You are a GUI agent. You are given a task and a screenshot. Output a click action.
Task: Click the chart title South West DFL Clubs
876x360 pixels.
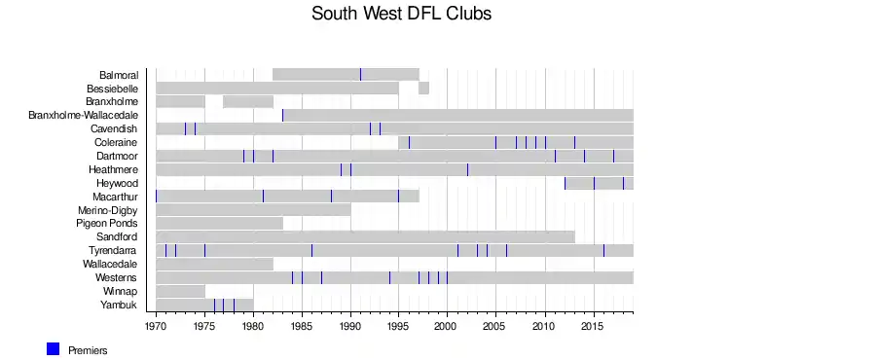[x=401, y=14]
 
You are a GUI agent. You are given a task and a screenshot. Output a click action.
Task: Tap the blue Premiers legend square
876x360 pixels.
[x=54, y=349]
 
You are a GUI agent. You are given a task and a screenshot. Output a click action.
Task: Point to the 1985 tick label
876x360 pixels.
[x=303, y=325]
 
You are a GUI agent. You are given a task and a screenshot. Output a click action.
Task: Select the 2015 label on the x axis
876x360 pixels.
[x=594, y=325]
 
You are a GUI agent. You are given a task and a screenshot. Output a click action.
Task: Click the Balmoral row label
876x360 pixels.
[x=119, y=75]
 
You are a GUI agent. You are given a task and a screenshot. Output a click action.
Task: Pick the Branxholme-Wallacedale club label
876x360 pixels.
[x=84, y=116]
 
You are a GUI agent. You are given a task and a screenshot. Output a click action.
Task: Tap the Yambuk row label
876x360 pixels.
[x=119, y=305]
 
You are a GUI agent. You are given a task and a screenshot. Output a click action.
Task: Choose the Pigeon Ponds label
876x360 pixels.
[x=107, y=223]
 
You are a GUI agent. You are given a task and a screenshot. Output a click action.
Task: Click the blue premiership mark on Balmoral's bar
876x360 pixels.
[x=360, y=74]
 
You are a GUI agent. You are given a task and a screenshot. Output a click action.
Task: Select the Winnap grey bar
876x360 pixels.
[x=180, y=291]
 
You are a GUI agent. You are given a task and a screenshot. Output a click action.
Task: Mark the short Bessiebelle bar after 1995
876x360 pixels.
[x=423, y=89]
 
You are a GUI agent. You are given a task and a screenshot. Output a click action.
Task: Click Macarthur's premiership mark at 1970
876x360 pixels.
[x=156, y=197]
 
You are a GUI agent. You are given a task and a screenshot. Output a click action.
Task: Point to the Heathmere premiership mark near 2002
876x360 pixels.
[x=467, y=169]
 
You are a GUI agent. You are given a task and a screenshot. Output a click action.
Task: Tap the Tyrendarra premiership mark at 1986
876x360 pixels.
[x=311, y=251]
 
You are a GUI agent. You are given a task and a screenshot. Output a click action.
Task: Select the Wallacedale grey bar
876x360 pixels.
[x=214, y=264]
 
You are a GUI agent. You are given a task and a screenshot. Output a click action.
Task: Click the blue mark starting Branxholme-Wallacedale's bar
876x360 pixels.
[x=282, y=115]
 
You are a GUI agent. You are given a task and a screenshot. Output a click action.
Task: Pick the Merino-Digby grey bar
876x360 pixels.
[x=253, y=210]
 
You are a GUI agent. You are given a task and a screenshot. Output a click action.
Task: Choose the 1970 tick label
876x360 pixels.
[x=156, y=325]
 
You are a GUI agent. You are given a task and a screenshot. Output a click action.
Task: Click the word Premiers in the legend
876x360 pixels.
[x=88, y=350]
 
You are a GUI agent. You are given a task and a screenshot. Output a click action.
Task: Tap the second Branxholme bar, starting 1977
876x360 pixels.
[x=248, y=101]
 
